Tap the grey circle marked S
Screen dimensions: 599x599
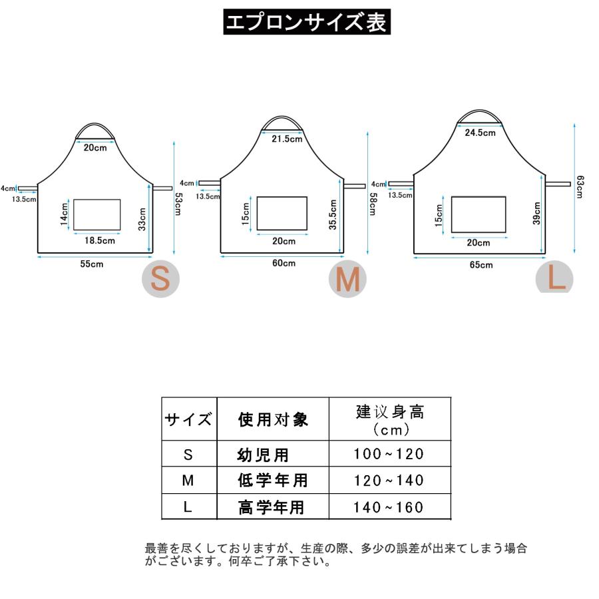point(160,280)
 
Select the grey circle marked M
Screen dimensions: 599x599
point(347,280)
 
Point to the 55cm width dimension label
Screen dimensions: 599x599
point(92,264)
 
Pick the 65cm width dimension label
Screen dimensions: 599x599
point(481,265)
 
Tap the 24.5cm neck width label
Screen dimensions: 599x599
point(480,132)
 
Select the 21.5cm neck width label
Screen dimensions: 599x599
point(288,140)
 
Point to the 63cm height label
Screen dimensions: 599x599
point(580,186)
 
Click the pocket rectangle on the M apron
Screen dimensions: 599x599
point(282,213)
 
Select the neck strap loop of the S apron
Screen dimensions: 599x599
point(95,128)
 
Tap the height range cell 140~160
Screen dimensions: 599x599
point(389,508)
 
